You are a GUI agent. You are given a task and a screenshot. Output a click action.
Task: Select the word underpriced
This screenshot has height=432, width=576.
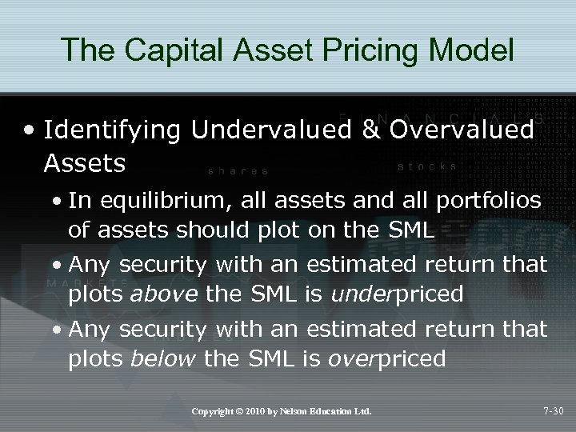pyautogui.click(x=400, y=294)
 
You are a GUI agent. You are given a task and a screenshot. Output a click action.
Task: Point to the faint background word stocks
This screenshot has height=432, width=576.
pyautogui.click(x=427, y=167)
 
